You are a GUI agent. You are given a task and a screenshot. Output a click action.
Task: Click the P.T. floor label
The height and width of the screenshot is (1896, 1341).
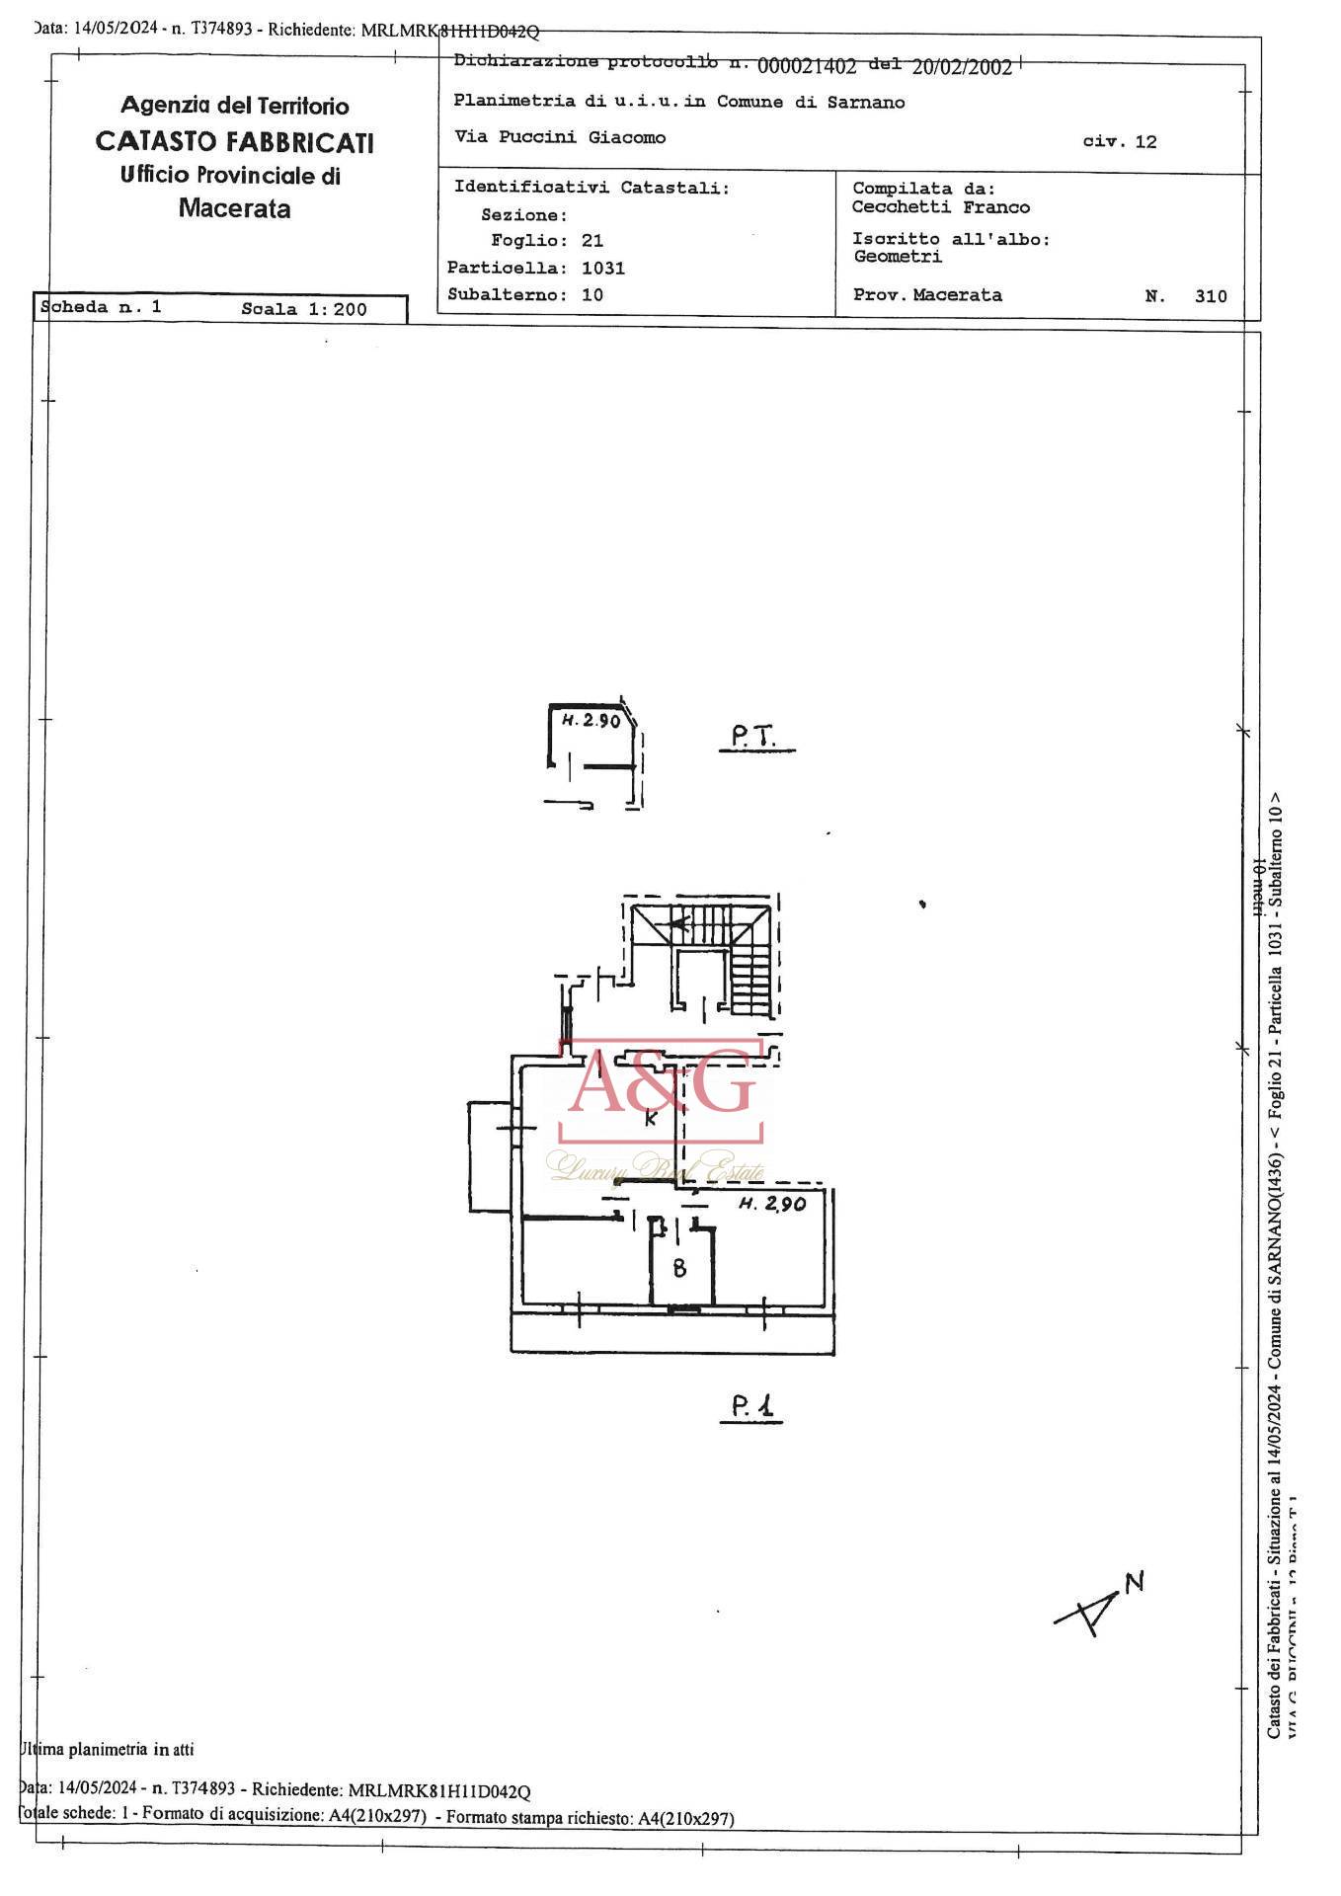755,737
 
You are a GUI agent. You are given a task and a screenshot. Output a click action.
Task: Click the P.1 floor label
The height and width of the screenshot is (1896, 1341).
755,1406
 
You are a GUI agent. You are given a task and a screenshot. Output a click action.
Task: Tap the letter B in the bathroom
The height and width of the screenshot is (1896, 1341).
679,1268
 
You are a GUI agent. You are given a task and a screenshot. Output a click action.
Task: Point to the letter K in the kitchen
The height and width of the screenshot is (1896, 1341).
650,1119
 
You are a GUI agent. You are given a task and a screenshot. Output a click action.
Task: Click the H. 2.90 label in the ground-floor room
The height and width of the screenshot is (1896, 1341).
591,721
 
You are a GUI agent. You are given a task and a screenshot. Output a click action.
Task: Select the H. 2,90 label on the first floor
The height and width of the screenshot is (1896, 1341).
772,1204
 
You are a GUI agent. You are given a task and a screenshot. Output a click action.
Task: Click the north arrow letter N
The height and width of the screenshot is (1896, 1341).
1135,1581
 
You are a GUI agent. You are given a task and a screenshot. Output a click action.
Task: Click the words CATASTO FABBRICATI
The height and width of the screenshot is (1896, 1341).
234,142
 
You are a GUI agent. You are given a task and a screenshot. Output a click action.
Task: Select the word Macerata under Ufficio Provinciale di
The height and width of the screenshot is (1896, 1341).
234,208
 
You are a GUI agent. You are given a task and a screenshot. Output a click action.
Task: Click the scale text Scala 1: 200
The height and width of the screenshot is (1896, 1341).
303,309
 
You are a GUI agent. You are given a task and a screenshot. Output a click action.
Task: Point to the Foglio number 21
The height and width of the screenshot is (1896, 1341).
592,241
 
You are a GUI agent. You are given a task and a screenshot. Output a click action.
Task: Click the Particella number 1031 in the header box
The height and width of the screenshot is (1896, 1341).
603,268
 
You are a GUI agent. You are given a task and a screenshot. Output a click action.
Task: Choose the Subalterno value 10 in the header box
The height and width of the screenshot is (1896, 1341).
592,294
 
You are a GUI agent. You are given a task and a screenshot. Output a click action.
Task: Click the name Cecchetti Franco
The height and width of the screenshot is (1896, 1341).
940,207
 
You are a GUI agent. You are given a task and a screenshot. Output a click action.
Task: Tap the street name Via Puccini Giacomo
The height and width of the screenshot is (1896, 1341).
560,137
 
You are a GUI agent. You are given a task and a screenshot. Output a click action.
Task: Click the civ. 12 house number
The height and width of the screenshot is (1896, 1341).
1119,141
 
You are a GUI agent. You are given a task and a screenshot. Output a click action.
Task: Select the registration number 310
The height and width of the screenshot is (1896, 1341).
1210,296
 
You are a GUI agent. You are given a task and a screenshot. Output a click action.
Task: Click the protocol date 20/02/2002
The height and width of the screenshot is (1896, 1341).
962,67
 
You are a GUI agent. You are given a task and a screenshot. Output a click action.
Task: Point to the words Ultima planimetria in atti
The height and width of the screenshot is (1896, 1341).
107,1749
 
